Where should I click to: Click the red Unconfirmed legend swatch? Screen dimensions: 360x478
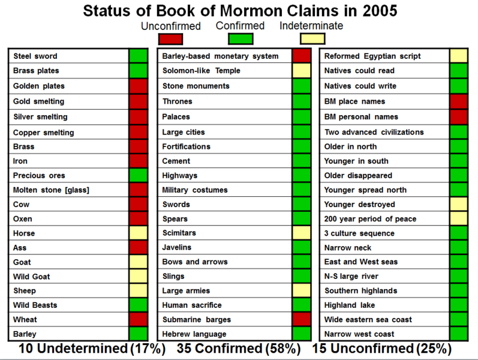(170, 39)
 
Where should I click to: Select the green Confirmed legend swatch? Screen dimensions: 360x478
(240, 39)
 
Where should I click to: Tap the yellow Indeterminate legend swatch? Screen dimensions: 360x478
(312, 39)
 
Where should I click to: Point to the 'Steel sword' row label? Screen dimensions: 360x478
(35, 56)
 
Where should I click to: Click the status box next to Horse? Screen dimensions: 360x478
(138, 233)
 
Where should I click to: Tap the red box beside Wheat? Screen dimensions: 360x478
(138, 320)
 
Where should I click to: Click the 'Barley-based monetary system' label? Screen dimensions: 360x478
(220, 56)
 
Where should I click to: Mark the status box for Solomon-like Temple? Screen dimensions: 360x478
(302, 71)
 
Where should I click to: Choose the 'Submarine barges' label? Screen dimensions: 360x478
(196, 320)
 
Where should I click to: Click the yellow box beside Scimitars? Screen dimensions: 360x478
(302, 233)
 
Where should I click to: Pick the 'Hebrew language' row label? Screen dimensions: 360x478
(194, 334)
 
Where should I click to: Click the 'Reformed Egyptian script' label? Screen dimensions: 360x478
(372, 56)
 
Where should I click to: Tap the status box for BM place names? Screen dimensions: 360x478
(459, 101)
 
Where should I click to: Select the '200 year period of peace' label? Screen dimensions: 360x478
(370, 219)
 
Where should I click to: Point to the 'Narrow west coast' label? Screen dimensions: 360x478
(359, 334)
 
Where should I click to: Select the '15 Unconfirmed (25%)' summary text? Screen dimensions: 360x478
(381, 349)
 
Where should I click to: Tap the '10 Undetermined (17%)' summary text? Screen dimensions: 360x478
(91, 349)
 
